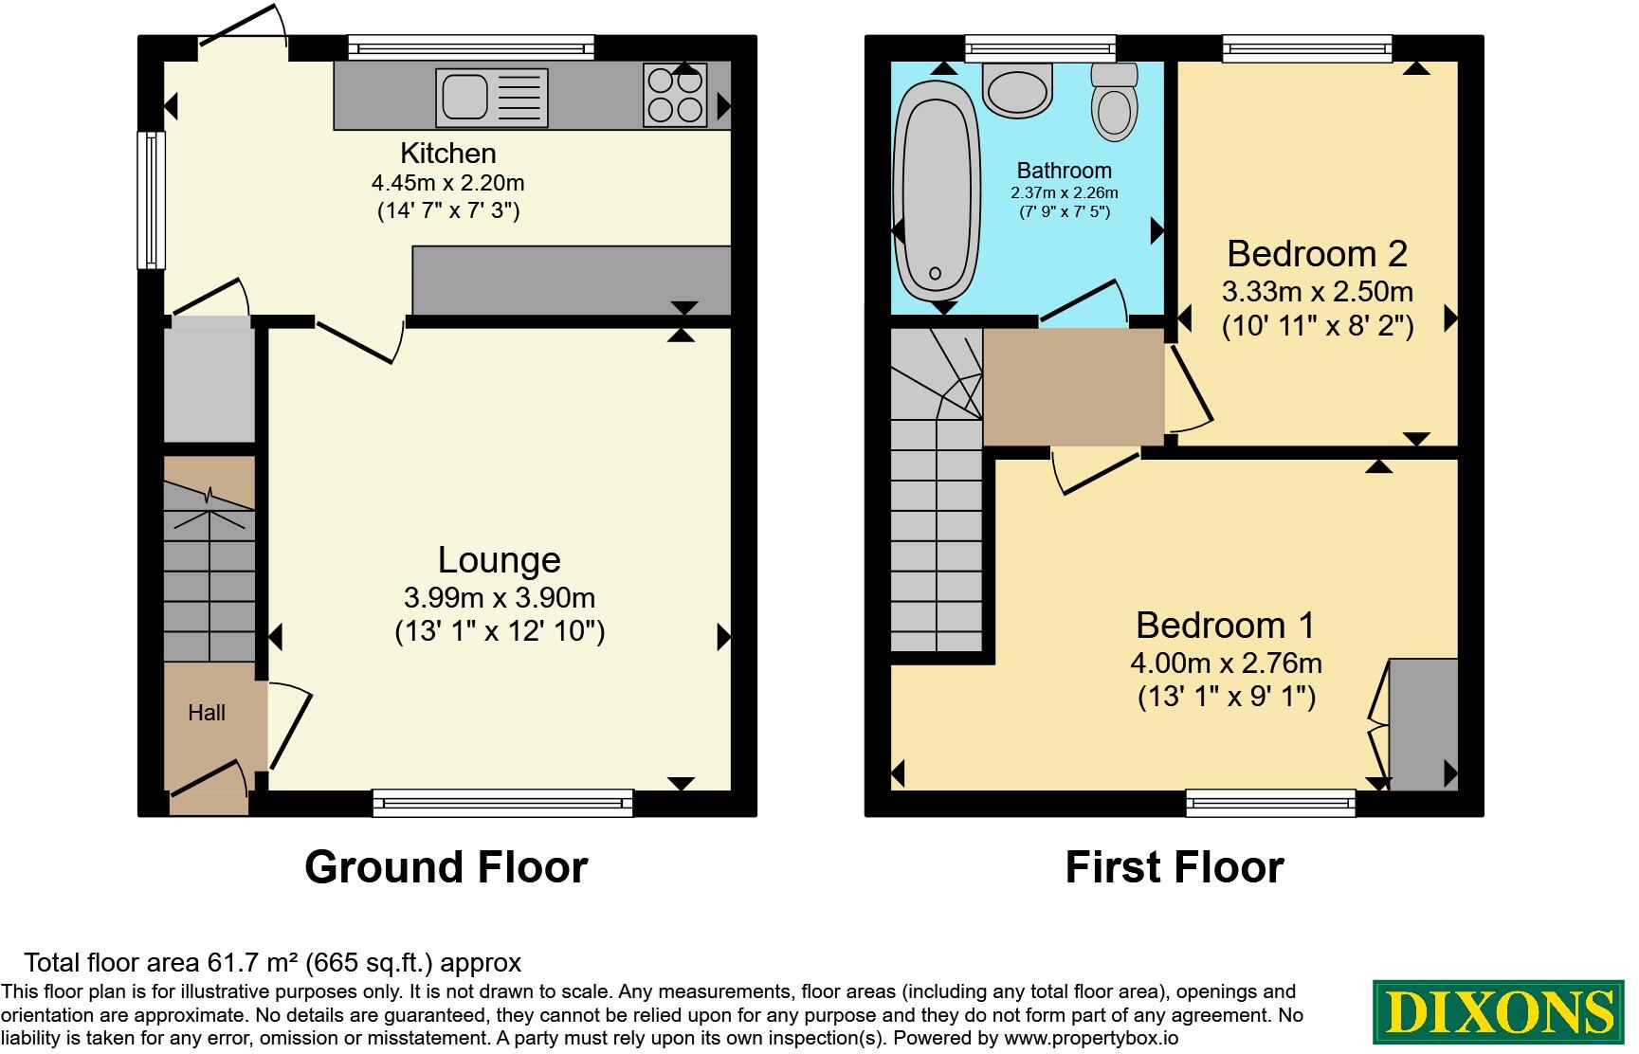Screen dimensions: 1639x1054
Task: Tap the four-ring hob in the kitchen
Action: pos(675,95)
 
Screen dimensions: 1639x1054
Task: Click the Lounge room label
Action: pos(500,560)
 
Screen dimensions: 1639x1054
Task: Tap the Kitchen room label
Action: pos(447,154)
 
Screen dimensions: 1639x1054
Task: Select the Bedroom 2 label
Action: pos(1317,254)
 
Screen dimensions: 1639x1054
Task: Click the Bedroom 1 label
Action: pos(1226,626)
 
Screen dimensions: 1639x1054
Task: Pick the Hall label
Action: pos(207,713)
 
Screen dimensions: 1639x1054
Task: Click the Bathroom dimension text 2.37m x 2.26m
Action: pos(1065,192)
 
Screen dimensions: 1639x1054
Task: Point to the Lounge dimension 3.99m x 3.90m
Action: pos(500,598)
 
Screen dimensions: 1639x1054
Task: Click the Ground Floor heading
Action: pos(446,867)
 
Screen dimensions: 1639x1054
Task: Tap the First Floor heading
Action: pos(1175,867)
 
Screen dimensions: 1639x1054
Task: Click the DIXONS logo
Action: pos(1498,1011)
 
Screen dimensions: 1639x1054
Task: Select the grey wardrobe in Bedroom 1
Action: pos(1423,725)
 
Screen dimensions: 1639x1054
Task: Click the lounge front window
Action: pos(502,803)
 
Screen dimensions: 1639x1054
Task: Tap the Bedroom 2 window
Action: pos(1307,48)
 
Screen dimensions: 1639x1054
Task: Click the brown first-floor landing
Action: pos(1074,387)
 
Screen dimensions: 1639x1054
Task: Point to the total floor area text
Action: pos(272,963)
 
